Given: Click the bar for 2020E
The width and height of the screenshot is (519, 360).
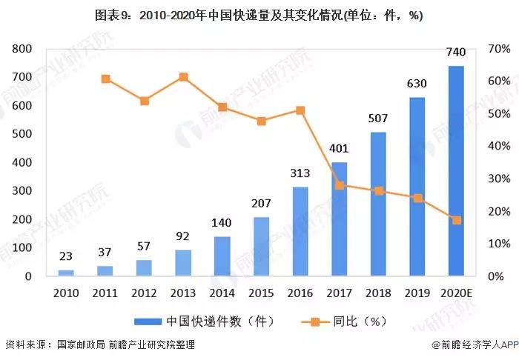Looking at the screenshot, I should (x=456, y=171).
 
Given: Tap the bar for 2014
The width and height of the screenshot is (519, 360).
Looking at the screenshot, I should (x=222, y=256).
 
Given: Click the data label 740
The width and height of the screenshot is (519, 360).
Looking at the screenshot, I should (x=456, y=52).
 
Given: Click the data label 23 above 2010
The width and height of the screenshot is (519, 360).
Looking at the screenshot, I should (x=66, y=257).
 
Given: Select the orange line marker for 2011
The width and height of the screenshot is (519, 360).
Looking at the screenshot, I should (x=106, y=79).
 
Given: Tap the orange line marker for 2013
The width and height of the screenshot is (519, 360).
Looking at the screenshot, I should (x=183, y=77).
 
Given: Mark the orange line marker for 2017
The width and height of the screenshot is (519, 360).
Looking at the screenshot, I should (x=340, y=185).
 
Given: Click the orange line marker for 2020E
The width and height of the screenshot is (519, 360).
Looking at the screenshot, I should (x=457, y=220).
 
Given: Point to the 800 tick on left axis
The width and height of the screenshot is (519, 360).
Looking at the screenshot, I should (x=22, y=49).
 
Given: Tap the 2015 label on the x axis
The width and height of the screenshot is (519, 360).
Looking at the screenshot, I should (x=260, y=292).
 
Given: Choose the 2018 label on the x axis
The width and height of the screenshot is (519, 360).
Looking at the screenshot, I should (x=378, y=292).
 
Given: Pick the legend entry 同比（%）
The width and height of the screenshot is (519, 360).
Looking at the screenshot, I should (x=348, y=321).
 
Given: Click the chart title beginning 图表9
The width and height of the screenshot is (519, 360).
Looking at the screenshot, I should (x=259, y=16).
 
